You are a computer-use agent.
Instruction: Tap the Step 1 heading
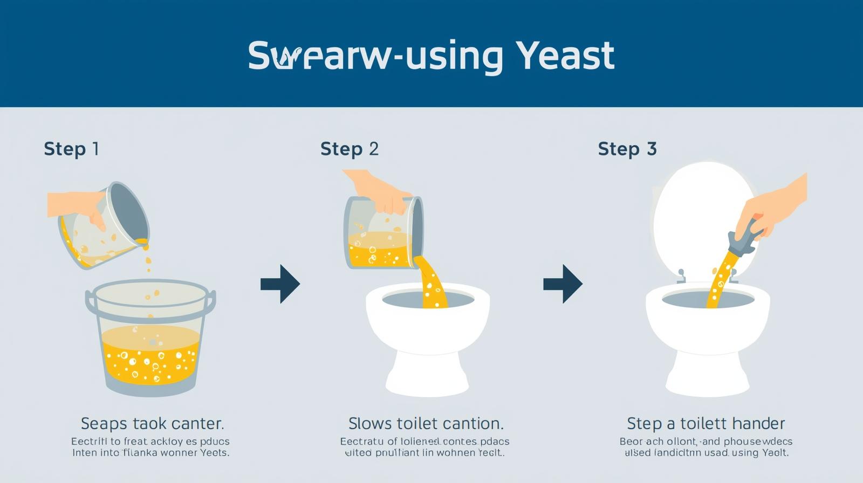(71, 149)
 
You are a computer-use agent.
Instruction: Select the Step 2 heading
(350, 149)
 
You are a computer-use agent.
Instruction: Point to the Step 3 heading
(627, 149)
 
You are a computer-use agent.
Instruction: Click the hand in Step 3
(777, 205)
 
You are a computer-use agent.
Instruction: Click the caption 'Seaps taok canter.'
(152, 423)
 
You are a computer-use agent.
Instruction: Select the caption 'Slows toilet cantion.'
(426, 423)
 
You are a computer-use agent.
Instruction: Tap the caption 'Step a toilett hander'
(706, 423)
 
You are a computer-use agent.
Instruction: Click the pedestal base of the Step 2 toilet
(426, 372)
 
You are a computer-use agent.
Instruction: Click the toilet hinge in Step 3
(681, 276)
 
